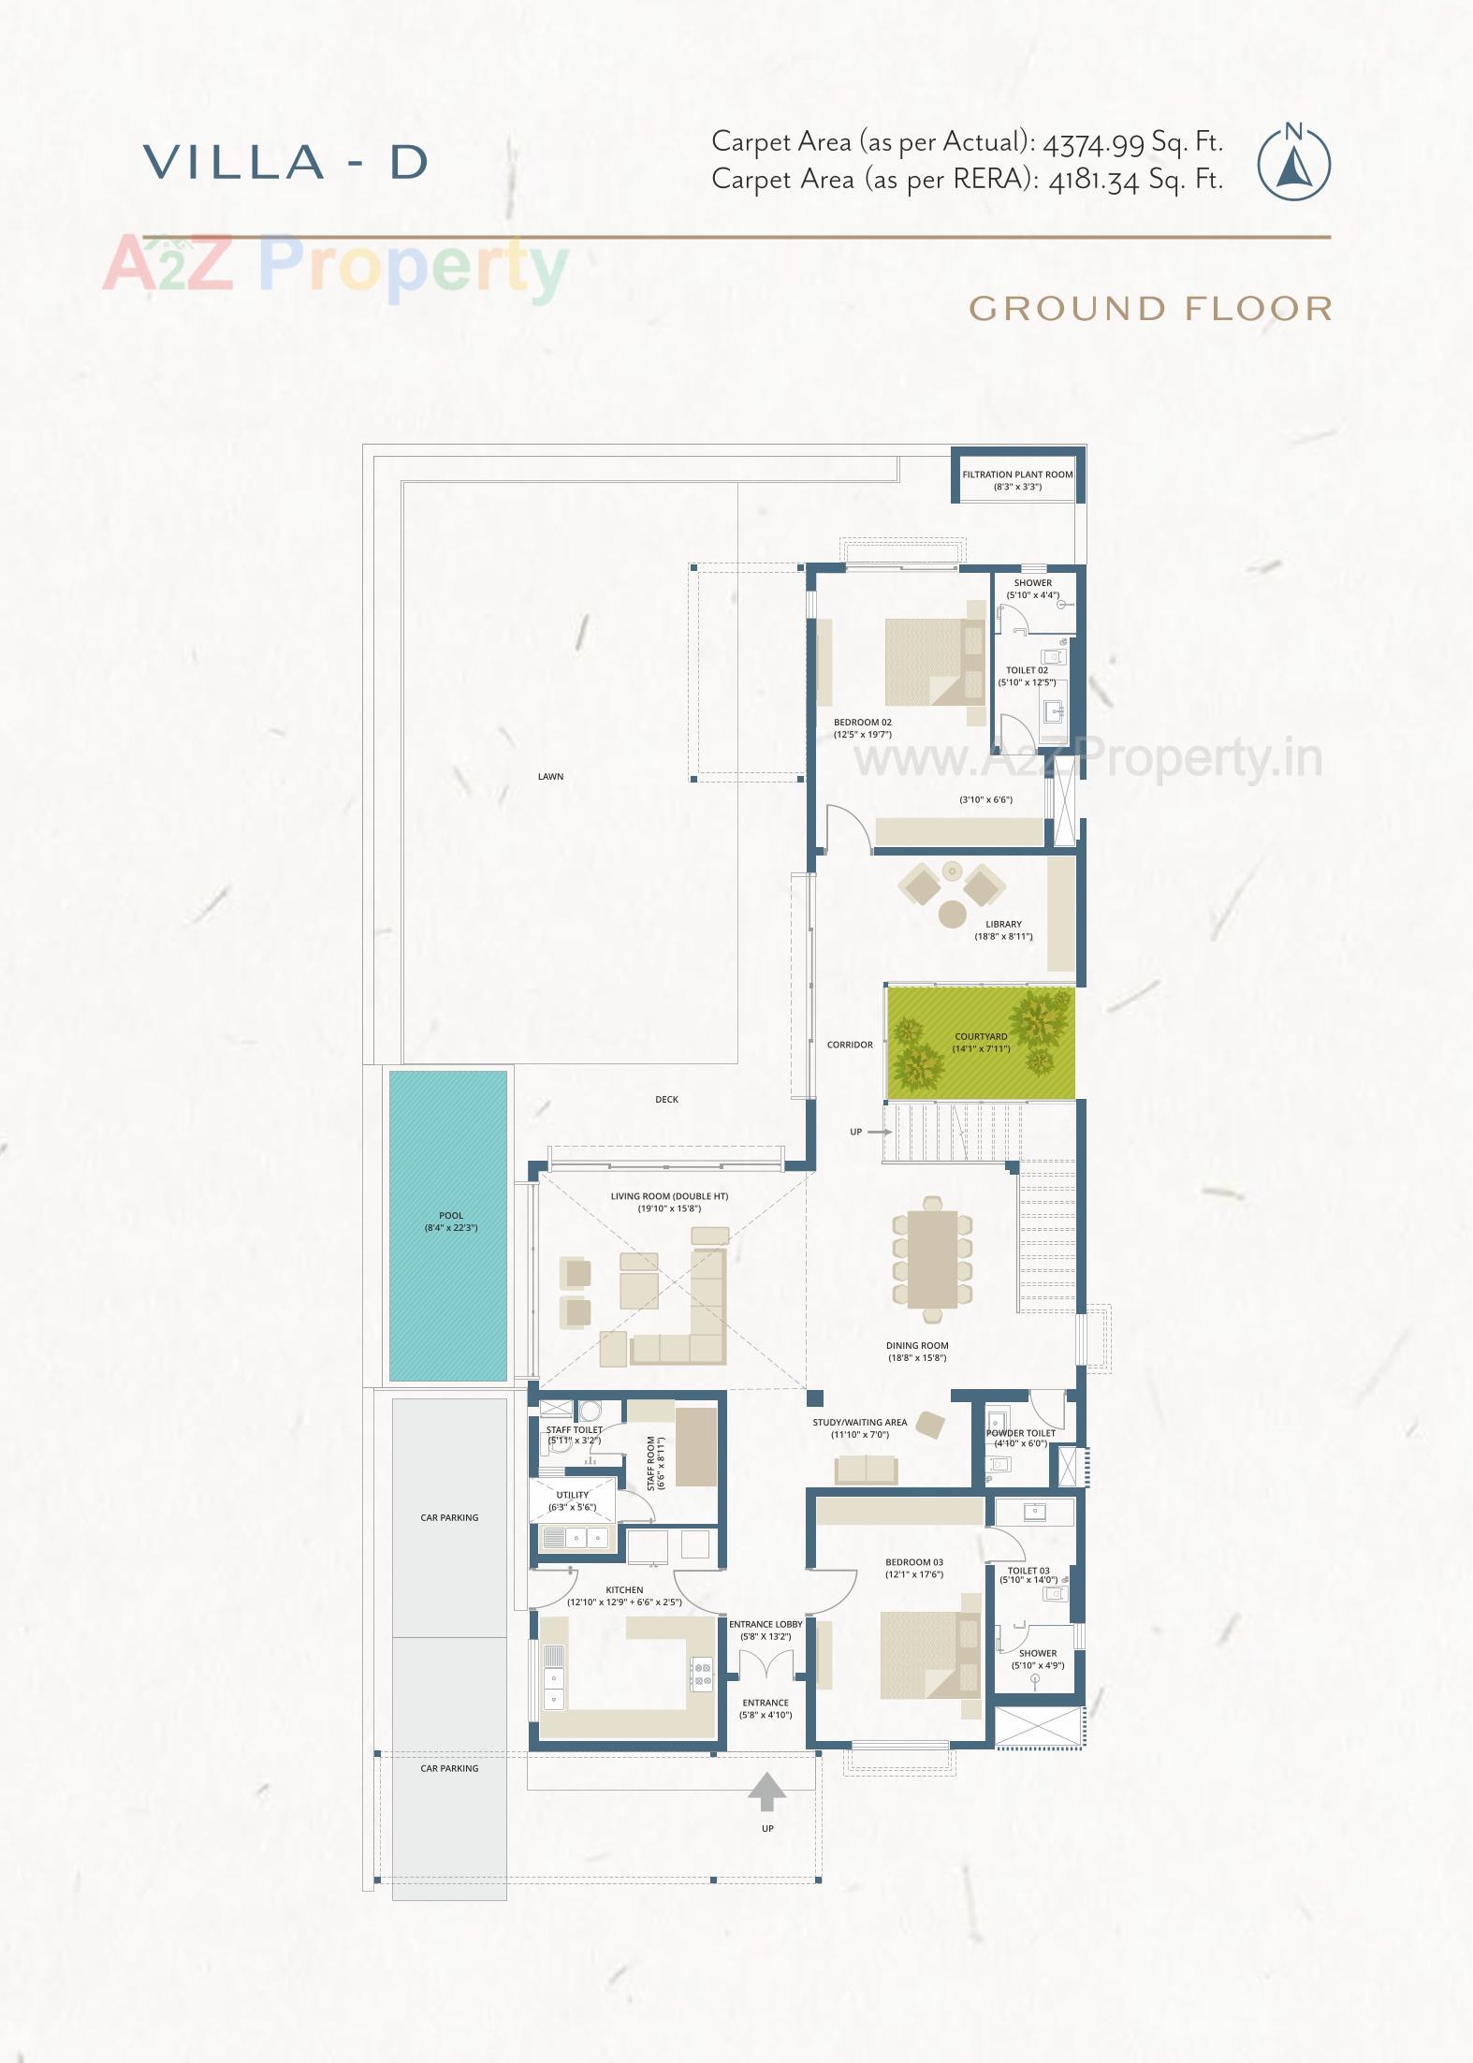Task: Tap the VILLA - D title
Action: [x=286, y=162]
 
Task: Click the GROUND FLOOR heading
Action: [x=1150, y=308]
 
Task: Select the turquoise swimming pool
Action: [x=448, y=1225]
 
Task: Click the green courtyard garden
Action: [x=981, y=1042]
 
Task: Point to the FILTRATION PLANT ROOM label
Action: [x=1017, y=475]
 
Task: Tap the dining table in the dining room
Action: [x=932, y=1259]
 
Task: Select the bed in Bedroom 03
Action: [x=919, y=1654]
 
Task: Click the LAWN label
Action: [x=550, y=776]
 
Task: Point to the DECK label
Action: [x=666, y=1099]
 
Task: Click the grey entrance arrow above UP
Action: [x=767, y=1791]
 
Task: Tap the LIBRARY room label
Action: [x=1003, y=924]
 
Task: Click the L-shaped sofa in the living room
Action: [x=693, y=1320]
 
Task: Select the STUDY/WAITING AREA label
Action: [x=859, y=1422]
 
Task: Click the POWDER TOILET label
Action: [x=1020, y=1433]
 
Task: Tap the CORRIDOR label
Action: [x=850, y=1045]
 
